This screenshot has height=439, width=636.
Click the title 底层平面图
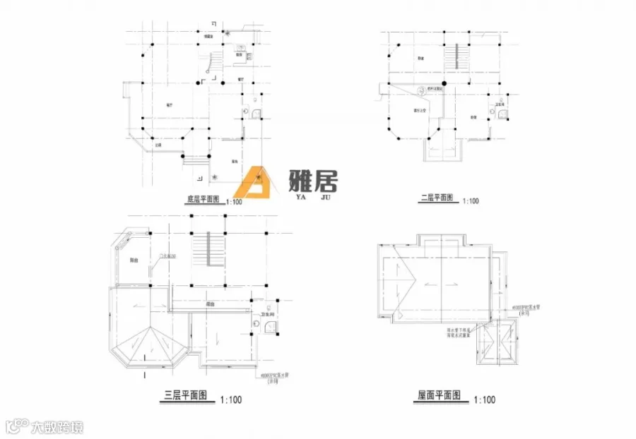click(x=205, y=199)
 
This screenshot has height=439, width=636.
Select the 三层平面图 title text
click(x=183, y=397)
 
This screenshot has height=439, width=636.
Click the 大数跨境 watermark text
click(x=57, y=426)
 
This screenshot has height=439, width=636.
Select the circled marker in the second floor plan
click(x=422, y=90)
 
